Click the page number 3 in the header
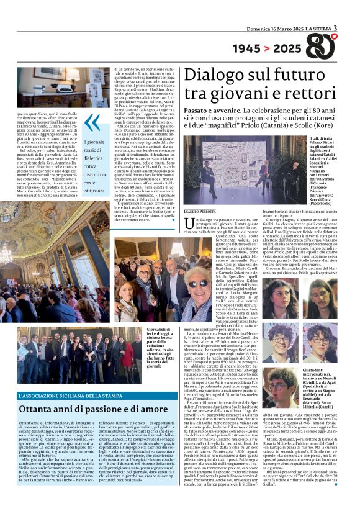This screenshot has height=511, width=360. click(x=335, y=28)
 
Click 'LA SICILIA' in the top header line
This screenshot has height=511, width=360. click(x=316, y=29)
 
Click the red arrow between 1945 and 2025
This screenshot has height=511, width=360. click(x=267, y=48)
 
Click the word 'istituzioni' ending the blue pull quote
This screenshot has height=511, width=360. click(x=94, y=191)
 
